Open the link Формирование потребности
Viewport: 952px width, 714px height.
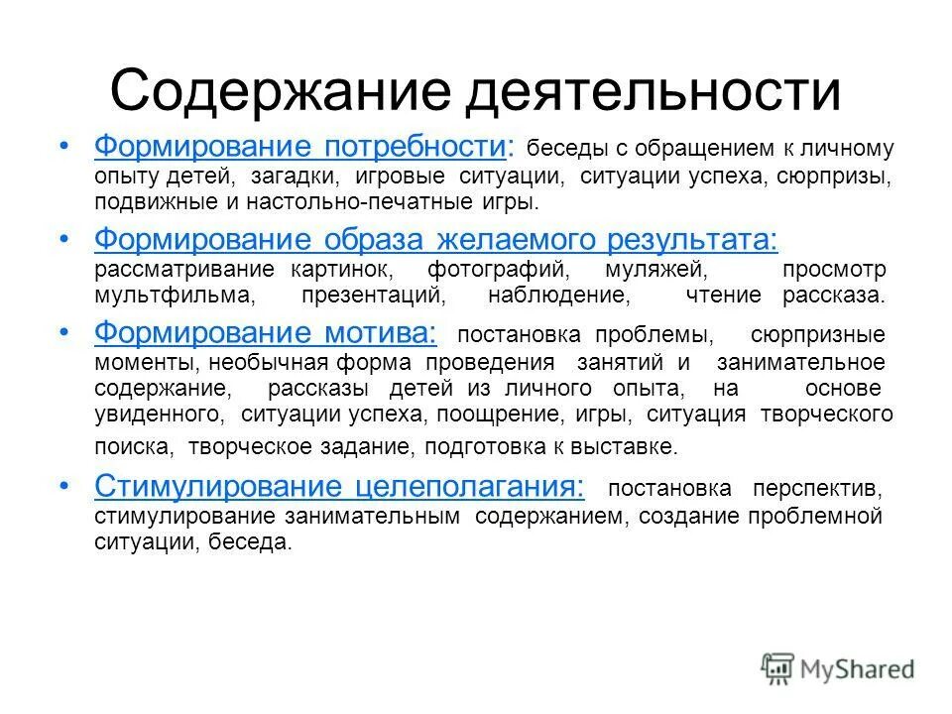coord(299,148)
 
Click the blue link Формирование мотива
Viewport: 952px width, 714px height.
coord(266,332)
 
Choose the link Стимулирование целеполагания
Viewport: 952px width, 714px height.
coord(339,487)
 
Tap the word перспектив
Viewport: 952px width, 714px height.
coord(819,489)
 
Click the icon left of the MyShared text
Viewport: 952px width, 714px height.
coord(778,668)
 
